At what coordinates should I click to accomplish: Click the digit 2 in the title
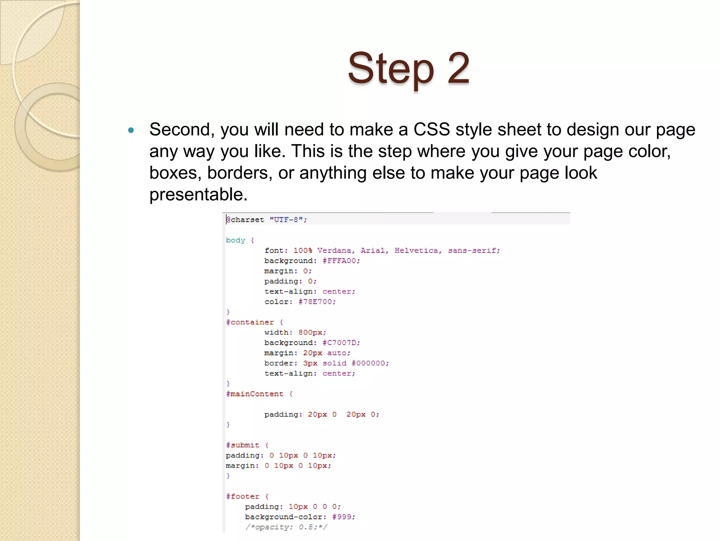458,68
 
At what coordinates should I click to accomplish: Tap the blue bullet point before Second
131,130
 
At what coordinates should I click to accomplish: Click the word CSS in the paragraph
432,130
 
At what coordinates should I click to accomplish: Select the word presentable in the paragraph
198,194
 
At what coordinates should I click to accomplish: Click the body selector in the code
236,240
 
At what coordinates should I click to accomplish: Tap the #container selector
250,322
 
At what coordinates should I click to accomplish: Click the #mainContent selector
255,394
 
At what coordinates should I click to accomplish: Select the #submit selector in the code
243,445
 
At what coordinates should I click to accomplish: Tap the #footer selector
243,497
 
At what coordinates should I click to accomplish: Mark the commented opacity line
286,527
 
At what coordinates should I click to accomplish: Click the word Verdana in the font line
334,250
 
